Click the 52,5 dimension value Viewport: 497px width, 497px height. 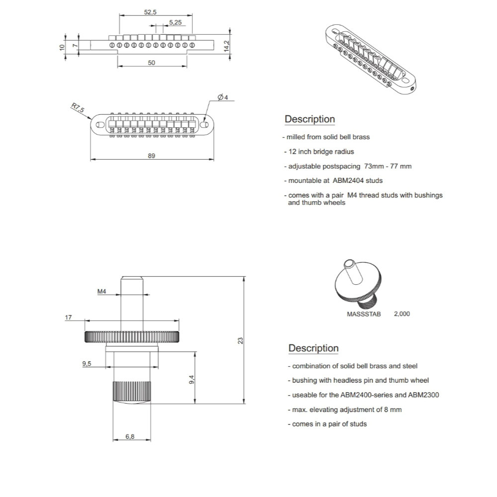coord(150,12)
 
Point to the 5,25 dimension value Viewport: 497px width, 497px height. coord(175,22)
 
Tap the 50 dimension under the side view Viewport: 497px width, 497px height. coord(152,63)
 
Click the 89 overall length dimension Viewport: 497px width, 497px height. coord(152,156)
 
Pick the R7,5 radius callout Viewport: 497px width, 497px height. coord(78,108)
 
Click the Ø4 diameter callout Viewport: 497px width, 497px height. coord(223,97)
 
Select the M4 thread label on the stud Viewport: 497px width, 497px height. coord(101,292)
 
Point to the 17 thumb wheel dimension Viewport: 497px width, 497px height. coord(68,317)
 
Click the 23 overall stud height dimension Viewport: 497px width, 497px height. coord(241,340)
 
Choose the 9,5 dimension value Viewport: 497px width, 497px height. coord(87,364)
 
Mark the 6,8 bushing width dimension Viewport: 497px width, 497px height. coord(130,436)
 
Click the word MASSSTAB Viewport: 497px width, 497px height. coord(363,314)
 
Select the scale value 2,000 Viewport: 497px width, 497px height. coord(402,314)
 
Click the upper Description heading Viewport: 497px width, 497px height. coord(310,119)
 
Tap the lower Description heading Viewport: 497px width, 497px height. coord(314,348)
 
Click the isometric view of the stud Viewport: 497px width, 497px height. coord(356,283)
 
